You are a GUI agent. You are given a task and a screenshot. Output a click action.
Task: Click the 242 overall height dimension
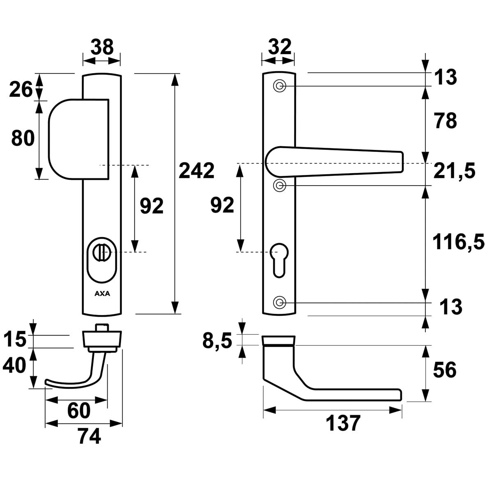196,171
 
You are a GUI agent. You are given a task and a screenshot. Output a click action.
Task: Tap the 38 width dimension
102,47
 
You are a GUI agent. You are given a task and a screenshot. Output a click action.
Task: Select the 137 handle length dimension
343,423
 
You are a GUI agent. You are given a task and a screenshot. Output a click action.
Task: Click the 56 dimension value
445,370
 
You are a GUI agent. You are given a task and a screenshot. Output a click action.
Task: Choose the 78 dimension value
445,121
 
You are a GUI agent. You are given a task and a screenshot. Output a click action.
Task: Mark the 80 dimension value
23,138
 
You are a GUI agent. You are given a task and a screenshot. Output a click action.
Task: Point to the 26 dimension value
21,90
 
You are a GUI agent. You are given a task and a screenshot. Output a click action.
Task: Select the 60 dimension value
78,411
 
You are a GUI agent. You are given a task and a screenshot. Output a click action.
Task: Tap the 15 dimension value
15,340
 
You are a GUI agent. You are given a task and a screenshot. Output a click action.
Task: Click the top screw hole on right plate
280,86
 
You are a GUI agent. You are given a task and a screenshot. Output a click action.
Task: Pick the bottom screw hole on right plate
280,303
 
